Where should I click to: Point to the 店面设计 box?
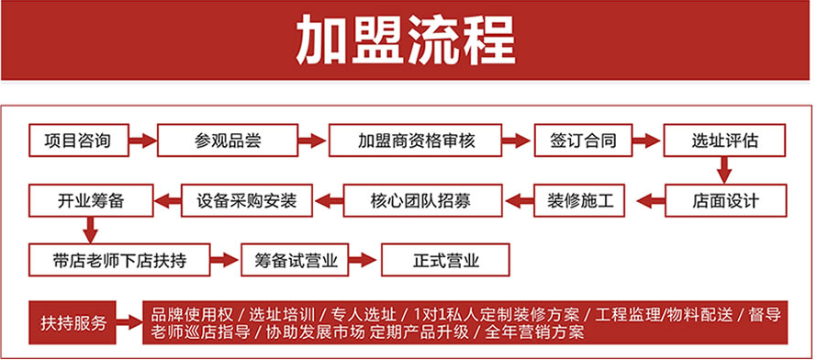724,198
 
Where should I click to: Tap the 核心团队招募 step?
423,198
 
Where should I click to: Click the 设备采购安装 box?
247,198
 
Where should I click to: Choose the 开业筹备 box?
89,198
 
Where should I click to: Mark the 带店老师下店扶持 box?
120,260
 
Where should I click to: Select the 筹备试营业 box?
296,260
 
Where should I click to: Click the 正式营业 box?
445,260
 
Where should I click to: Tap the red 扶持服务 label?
73,323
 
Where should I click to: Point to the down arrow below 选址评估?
724,170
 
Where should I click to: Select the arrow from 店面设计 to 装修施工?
651,198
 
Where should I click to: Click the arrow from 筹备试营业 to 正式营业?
365,260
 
